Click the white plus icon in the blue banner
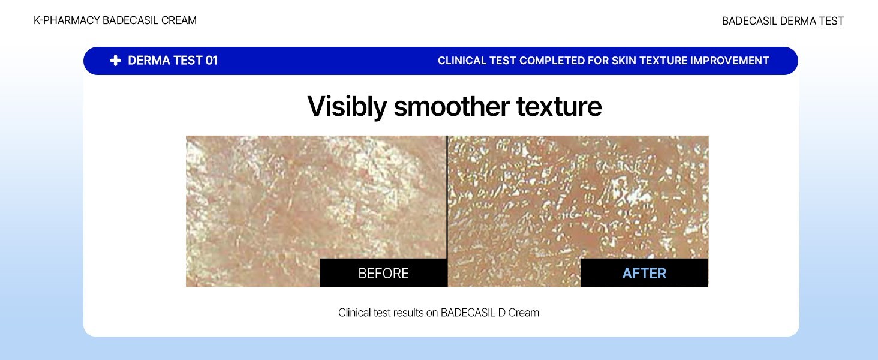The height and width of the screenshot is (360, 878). click(115, 61)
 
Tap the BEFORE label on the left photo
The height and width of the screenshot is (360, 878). click(383, 274)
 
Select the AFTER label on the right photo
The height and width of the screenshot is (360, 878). click(644, 274)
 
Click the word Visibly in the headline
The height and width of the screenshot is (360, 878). click(347, 107)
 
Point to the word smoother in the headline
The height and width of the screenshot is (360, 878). click(452, 107)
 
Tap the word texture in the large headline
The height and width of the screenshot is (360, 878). click(559, 107)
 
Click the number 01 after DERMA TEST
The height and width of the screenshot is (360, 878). click(211, 61)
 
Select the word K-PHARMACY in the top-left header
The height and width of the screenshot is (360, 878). click(67, 20)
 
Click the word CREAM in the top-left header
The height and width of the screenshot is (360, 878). click(179, 20)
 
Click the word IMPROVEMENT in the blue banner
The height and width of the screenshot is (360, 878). click(729, 61)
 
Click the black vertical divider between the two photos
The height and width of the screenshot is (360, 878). click(447, 211)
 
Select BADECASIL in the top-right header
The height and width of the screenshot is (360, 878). click(750, 21)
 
